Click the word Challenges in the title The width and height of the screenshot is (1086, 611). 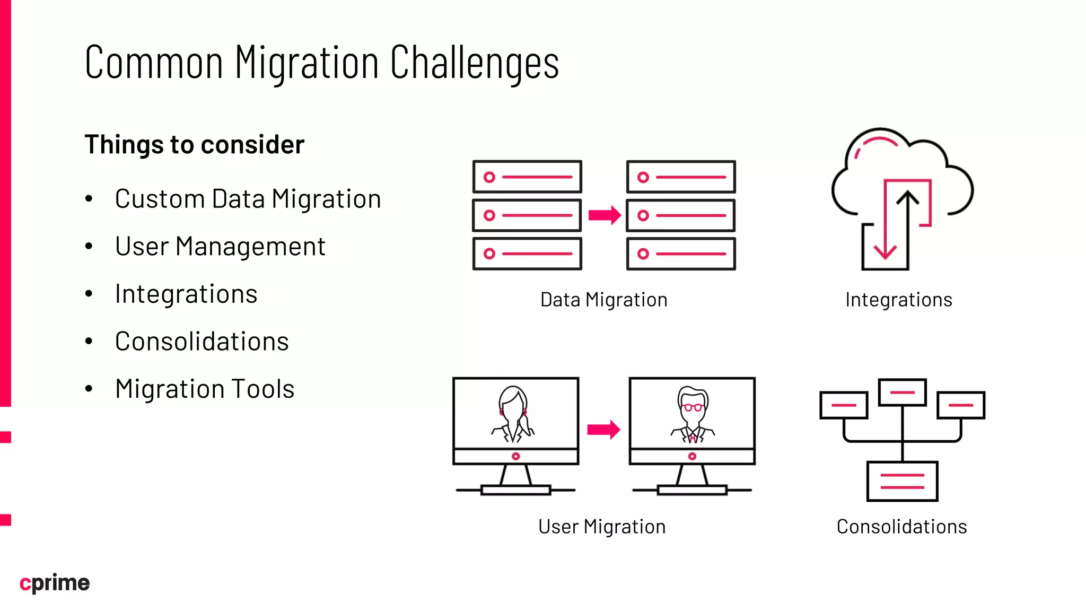click(474, 63)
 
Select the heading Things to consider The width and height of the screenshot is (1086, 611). click(194, 145)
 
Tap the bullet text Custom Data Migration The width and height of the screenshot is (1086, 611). click(248, 199)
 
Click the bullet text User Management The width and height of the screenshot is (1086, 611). click(220, 247)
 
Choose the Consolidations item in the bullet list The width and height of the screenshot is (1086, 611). click(202, 342)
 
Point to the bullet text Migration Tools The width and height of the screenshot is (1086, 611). click(205, 389)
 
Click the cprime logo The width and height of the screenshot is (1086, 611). click(55, 583)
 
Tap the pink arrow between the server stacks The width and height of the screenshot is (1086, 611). click(604, 215)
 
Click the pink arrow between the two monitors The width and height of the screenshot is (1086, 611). click(603, 430)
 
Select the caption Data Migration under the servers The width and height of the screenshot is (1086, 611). click(603, 300)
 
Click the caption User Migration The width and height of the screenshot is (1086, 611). click(602, 527)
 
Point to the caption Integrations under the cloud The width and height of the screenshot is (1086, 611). click(899, 300)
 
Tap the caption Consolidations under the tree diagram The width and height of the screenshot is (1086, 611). click(901, 527)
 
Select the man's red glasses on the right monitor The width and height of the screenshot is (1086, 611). click(692, 407)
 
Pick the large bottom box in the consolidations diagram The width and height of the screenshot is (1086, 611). click(902, 481)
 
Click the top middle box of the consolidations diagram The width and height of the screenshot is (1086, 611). click(902, 392)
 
